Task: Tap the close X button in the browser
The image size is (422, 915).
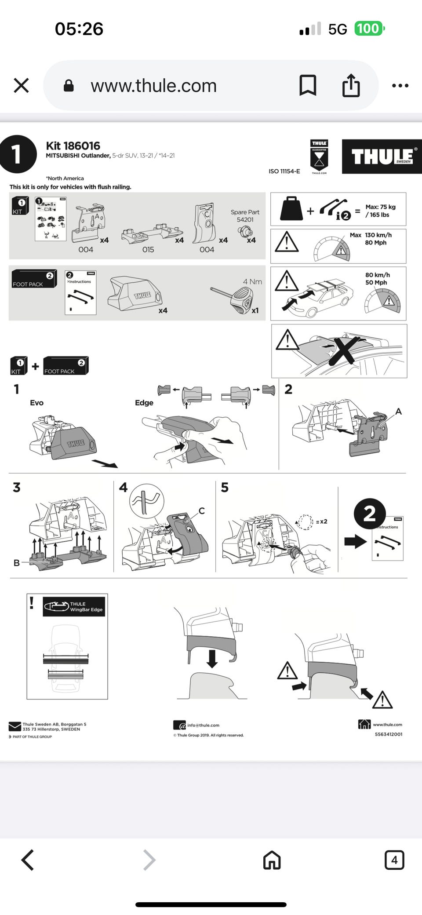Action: click(x=21, y=86)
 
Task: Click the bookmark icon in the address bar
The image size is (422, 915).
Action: click(x=308, y=85)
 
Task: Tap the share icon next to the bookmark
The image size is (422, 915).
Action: click(x=351, y=85)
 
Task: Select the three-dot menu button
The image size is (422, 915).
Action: click(x=400, y=86)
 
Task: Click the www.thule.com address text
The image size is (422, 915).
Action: click(x=153, y=86)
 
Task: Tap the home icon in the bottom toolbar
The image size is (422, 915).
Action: click(x=272, y=860)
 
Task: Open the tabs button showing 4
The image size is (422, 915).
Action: click(x=394, y=860)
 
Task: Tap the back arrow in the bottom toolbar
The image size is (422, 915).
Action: click(x=28, y=860)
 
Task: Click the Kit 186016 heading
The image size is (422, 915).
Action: click(x=73, y=146)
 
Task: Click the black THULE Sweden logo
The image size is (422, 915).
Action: click(x=382, y=157)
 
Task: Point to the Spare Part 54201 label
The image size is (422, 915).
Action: click(x=245, y=215)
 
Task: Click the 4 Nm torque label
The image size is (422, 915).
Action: click(x=252, y=282)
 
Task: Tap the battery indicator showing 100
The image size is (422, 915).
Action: click(x=369, y=29)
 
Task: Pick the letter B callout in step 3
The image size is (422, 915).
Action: click(x=17, y=563)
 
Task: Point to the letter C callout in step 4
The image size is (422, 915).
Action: click(x=201, y=510)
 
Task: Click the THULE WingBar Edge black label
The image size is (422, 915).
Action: click(x=74, y=606)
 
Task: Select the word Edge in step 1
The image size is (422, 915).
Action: click(x=144, y=403)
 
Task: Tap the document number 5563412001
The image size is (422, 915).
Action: click(x=388, y=734)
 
